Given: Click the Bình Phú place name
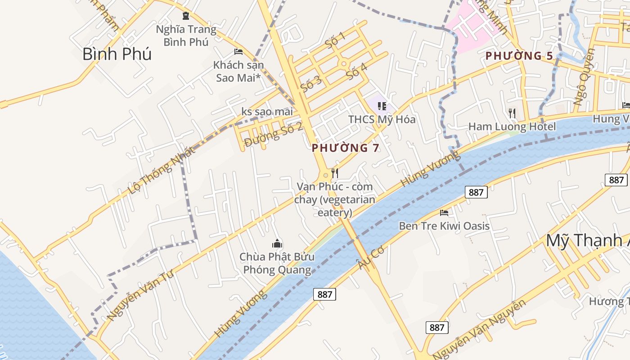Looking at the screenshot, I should pyautogui.click(x=117, y=54).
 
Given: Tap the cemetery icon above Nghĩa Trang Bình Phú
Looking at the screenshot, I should pyautogui.click(x=186, y=16).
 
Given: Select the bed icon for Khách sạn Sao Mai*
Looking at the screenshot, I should pyautogui.click(x=238, y=52).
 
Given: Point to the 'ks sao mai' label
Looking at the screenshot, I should pyautogui.click(x=267, y=111).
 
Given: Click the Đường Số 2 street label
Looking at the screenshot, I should pyautogui.click(x=273, y=135).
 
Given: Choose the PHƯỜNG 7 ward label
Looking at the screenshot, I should pyautogui.click(x=346, y=148).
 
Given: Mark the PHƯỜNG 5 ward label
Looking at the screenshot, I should pyautogui.click(x=519, y=56).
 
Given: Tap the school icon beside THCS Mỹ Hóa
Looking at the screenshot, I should pyautogui.click(x=382, y=106).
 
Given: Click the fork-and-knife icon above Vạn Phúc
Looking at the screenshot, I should pyautogui.click(x=335, y=173).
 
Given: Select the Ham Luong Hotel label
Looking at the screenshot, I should pyautogui.click(x=512, y=126).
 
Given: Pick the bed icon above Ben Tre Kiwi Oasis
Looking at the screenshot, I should pyautogui.click(x=444, y=212).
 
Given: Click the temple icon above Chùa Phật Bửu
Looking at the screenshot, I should pyautogui.click(x=277, y=244).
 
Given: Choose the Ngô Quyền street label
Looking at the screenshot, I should pyautogui.click(x=584, y=76).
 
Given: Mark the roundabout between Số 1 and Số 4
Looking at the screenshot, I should pyautogui.click(x=344, y=64).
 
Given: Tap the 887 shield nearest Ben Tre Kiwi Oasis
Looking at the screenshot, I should pyautogui.click(x=476, y=192).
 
